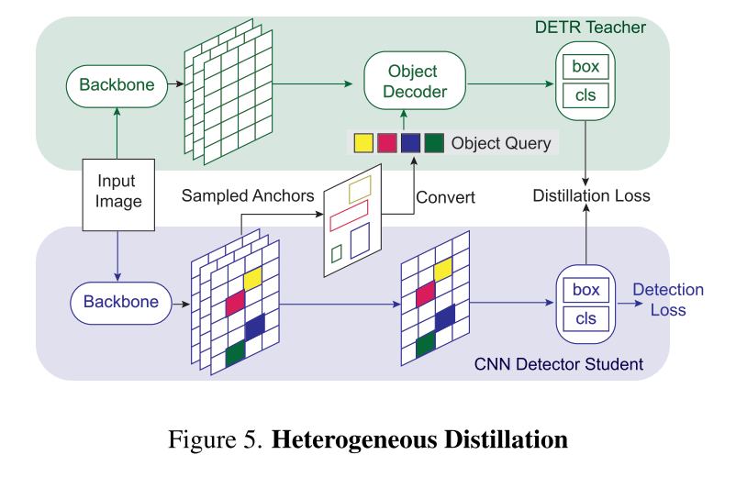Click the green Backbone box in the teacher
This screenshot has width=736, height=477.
(117, 85)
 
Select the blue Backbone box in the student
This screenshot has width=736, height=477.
(120, 302)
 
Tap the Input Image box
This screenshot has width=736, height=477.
(119, 193)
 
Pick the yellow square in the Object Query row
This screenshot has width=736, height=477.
(363, 143)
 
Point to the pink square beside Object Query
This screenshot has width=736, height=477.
(387, 143)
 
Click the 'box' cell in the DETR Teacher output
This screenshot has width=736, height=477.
(585, 67)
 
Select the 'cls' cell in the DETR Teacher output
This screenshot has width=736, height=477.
(585, 96)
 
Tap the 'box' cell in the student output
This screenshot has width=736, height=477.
(585, 290)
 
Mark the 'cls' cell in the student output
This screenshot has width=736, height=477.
(585, 319)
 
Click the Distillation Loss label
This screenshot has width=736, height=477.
(592, 195)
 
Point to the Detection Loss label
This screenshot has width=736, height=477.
(668, 300)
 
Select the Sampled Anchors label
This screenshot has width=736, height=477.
(248, 195)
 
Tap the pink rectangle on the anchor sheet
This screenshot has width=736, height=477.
(348, 218)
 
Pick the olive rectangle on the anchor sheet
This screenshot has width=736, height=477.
(360, 188)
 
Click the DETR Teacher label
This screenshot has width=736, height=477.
(590, 28)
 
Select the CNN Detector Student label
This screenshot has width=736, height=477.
(558, 364)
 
